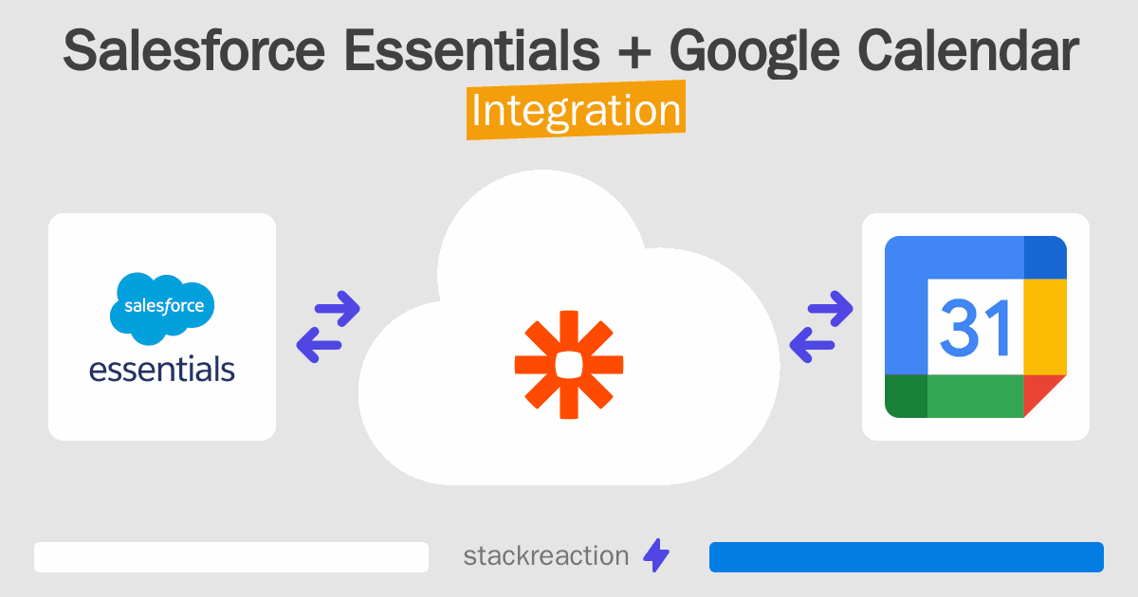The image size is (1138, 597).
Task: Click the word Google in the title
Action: point(762,53)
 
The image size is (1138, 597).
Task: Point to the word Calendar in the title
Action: point(972,51)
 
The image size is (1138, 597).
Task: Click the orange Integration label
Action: point(576,111)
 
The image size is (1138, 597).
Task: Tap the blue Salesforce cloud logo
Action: point(162,307)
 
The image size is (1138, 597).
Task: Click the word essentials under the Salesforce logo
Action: point(162,368)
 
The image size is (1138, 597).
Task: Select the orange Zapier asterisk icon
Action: point(569,364)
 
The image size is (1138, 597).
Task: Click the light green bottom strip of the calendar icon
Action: point(976,396)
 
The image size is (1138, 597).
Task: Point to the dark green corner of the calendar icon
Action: point(906,396)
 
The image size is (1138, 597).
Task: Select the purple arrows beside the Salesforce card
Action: point(328,326)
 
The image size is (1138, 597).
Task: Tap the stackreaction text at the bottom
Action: point(545,556)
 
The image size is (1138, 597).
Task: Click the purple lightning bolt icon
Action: point(656,556)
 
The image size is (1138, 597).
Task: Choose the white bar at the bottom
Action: point(231,557)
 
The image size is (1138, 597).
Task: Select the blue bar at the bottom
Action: point(906,557)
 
